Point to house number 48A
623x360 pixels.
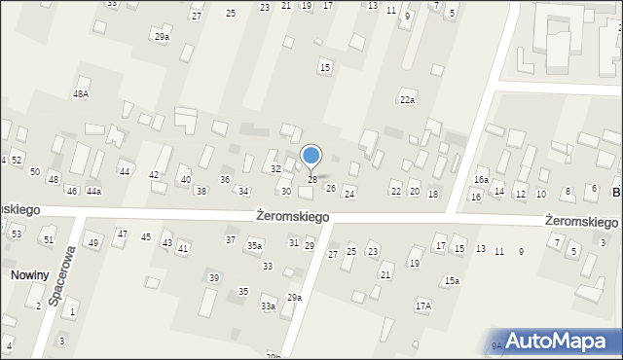pyautogui.click(x=81, y=94)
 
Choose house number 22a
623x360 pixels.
pyautogui.click(x=407, y=100)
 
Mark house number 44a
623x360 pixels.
pyautogui.click(x=93, y=192)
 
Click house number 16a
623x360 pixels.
pyautogui.click(x=481, y=180)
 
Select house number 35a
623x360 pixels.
pyautogui.click(x=254, y=246)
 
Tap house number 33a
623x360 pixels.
pyautogui.click(x=268, y=306)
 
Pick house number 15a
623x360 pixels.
pyautogui.click(x=452, y=281)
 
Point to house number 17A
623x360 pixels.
pyautogui.click(x=422, y=306)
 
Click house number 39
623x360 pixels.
pyautogui.click(x=214, y=278)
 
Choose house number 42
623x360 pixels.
pyautogui.click(x=154, y=175)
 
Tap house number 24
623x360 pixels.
pyautogui.click(x=349, y=195)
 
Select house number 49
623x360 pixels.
pyautogui.click(x=93, y=242)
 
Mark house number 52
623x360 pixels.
pyautogui.click(x=17, y=160)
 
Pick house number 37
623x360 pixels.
pyautogui.click(x=231, y=240)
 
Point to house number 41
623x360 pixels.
pyautogui.click(x=183, y=249)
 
